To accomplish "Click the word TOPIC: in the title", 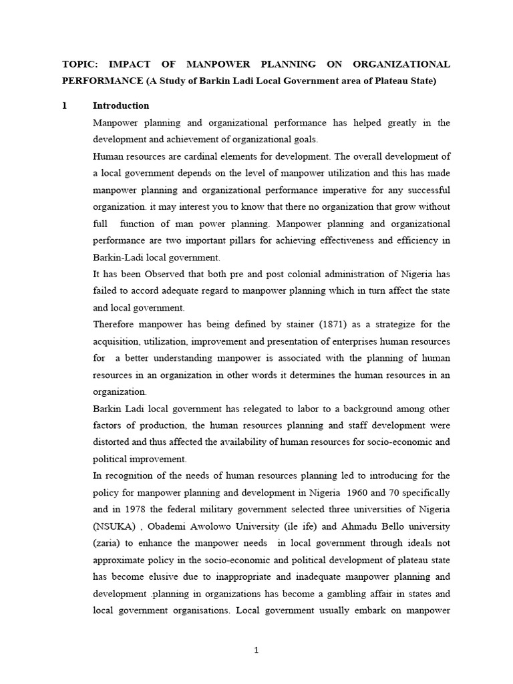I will [79, 64].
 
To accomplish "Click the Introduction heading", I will [121, 106].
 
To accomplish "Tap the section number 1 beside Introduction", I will [65, 106].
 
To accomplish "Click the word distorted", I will [113, 442].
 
